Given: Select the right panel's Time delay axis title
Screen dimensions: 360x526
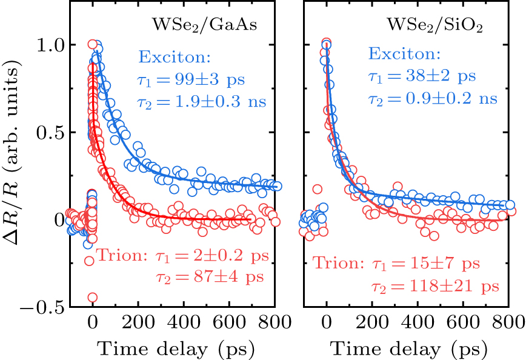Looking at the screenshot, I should [x=410, y=348].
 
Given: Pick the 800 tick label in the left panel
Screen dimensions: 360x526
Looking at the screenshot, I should [x=274, y=324].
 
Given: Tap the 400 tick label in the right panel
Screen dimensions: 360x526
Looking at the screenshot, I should [x=418, y=324].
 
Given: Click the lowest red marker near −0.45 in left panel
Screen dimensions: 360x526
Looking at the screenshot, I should [x=92, y=297].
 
